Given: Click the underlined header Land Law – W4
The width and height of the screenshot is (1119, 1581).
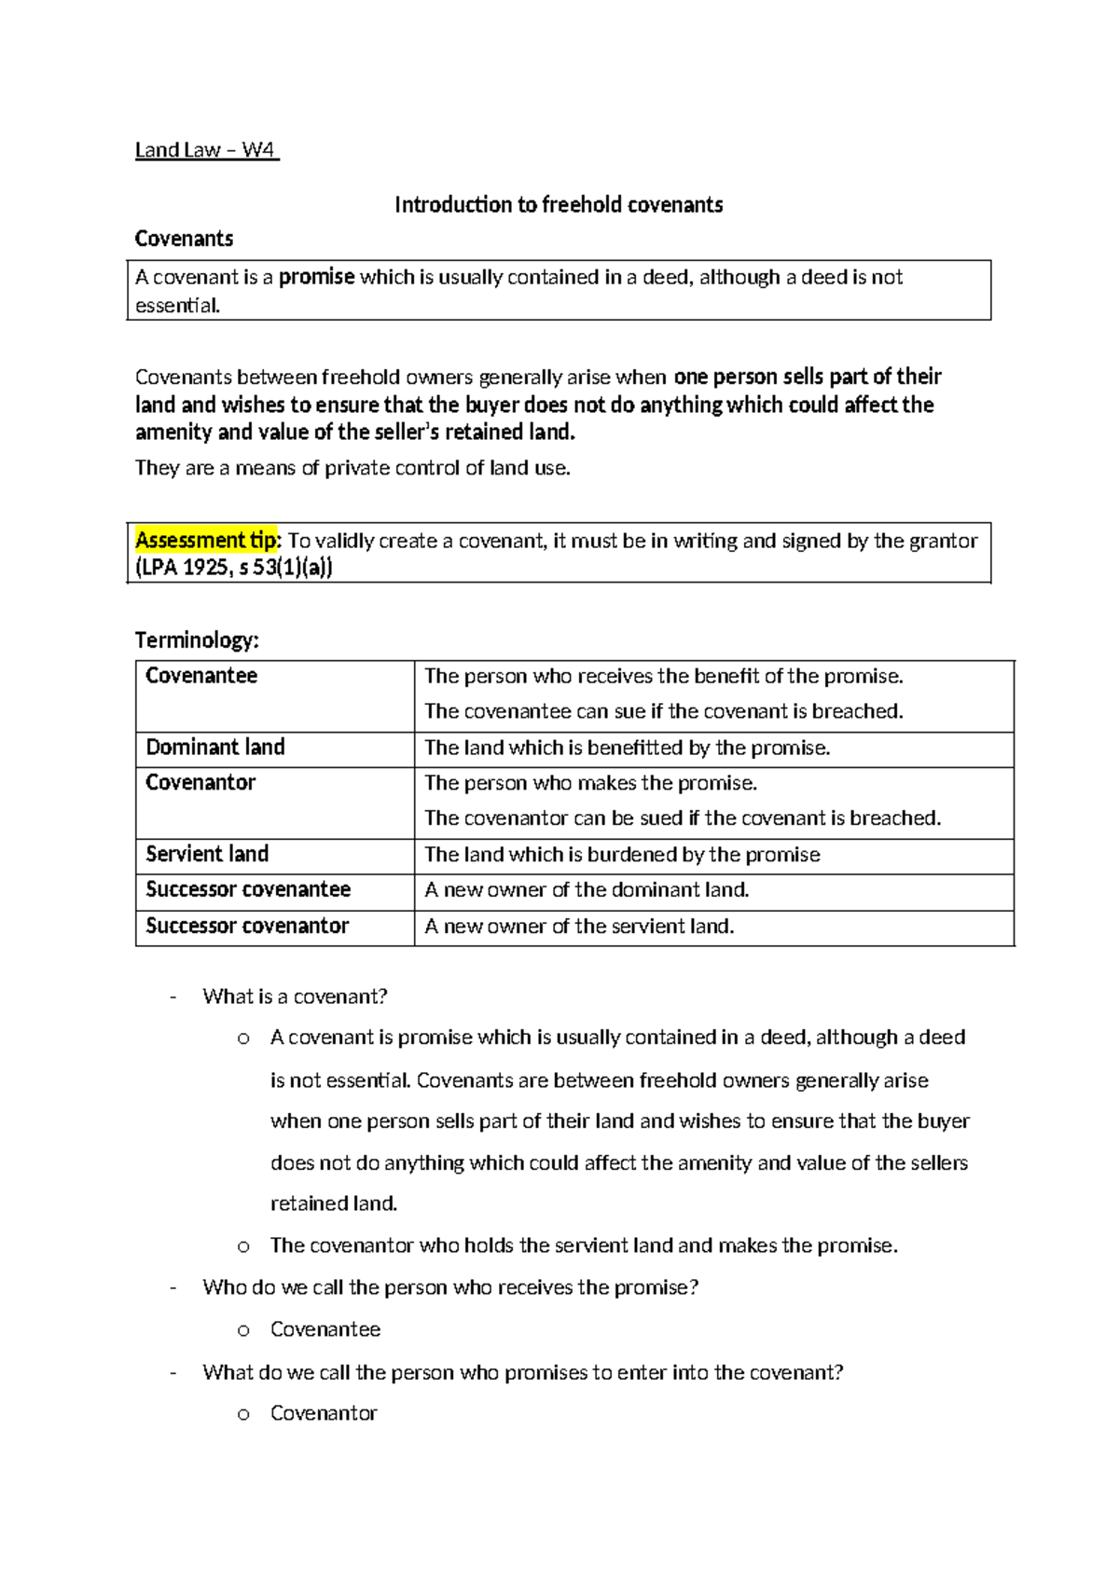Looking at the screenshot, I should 206,150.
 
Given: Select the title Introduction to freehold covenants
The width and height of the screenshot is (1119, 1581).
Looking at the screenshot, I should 559,205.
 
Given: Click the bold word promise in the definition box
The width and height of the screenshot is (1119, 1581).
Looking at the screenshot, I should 316,277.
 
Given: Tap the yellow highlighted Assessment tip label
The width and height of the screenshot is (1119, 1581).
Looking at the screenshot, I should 206,541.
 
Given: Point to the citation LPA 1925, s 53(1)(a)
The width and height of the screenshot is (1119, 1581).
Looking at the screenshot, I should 233,568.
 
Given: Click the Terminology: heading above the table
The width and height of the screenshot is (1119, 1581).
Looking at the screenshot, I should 197,640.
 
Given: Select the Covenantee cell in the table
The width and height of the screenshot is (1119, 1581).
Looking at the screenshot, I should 201,676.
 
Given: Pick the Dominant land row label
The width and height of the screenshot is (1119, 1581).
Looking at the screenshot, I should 215,748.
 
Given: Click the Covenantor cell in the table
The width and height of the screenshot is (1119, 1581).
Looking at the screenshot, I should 200,783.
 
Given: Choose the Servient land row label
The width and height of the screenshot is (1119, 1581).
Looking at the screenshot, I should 207,854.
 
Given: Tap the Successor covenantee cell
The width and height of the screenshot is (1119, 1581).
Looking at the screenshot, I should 248,889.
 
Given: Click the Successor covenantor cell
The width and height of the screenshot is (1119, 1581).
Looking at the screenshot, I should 247,926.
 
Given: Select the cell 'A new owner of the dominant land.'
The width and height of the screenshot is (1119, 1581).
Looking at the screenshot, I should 587,890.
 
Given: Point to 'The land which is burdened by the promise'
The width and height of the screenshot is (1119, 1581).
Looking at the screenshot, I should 622,855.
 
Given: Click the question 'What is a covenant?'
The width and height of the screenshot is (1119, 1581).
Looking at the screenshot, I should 295,997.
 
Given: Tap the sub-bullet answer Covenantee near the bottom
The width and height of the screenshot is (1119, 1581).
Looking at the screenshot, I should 325,1329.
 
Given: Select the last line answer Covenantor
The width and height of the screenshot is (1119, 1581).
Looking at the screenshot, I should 324,1413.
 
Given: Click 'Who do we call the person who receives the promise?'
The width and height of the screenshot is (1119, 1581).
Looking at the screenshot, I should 450,1287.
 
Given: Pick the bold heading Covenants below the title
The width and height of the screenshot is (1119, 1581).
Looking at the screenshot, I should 184,239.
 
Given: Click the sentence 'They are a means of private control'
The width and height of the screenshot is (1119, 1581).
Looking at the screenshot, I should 352,468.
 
